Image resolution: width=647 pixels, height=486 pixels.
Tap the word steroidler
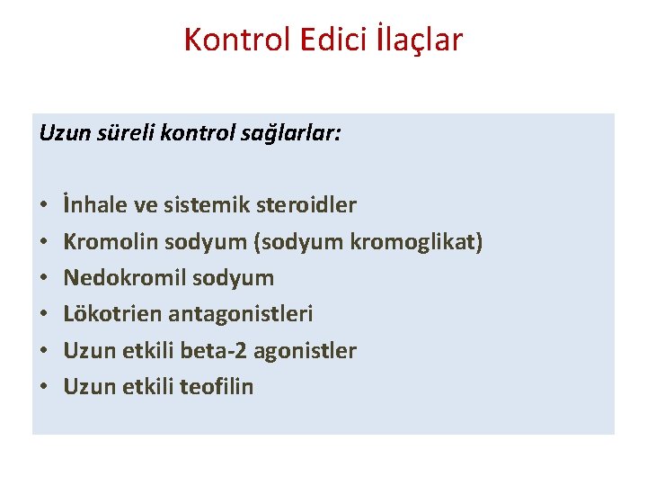306,205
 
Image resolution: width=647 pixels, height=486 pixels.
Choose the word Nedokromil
120,278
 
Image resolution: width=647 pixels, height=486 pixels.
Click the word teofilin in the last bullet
217,387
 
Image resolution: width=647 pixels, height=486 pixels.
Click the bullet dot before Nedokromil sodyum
44,278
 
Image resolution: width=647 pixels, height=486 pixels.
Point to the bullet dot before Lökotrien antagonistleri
44,314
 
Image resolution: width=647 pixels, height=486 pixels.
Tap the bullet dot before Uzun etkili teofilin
44,387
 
